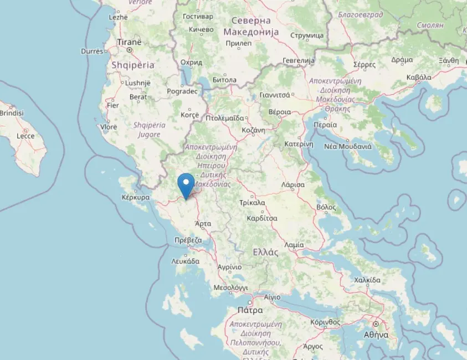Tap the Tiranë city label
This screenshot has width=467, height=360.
point(129,42)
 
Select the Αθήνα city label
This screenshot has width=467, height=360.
point(376,334)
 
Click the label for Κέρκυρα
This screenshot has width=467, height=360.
point(136,197)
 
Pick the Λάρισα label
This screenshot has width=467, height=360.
point(292,184)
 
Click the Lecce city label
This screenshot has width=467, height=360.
point(25,136)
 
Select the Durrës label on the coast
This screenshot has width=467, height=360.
point(92,51)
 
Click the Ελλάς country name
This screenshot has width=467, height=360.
point(265,252)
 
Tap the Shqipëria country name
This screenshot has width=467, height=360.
point(133,65)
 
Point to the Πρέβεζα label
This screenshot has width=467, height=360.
point(187,240)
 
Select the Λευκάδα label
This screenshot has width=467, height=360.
point(185,260)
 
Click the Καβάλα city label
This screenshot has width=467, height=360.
point(419,77)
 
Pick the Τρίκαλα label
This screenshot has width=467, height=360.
point(252,203)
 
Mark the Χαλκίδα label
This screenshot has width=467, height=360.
point(367,280)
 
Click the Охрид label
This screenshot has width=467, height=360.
point(191,63)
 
